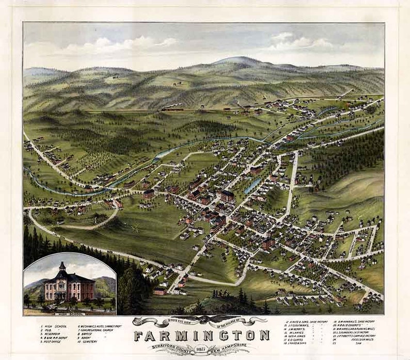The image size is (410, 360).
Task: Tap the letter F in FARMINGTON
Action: [x=139, y=336]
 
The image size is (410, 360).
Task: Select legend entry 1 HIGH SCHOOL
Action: [x=54, y=326]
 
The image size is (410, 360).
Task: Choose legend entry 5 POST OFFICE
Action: [x=54, y=341]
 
